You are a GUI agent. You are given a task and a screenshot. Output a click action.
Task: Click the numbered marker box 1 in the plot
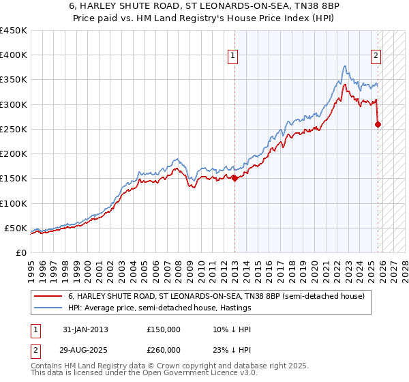(x=233, y=57)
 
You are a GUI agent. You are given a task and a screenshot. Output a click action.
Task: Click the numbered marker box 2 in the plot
(x=376, y=57)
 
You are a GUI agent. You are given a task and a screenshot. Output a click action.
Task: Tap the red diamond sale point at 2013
(x=234, y=179)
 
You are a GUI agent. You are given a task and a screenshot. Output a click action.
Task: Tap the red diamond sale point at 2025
(x=378, y=124)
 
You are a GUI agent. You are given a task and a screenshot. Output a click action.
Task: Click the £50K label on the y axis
(x=16, y=228)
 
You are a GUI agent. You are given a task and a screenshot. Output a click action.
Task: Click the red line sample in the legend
(x=48, y=297)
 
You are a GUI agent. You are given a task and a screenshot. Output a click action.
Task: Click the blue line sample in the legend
(x=48, y=308)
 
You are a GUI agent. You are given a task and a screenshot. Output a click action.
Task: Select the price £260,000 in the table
(x=164, y=350)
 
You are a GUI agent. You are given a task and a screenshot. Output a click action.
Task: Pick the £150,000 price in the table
(x=164, y=329)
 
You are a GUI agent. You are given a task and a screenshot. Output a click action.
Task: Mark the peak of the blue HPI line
(x=346, y=66)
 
